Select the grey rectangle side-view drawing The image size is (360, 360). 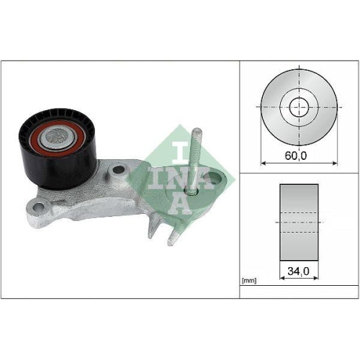pos(298,223)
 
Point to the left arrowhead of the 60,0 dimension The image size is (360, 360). pos(264,162)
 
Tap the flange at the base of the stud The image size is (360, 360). pos(192,192)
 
